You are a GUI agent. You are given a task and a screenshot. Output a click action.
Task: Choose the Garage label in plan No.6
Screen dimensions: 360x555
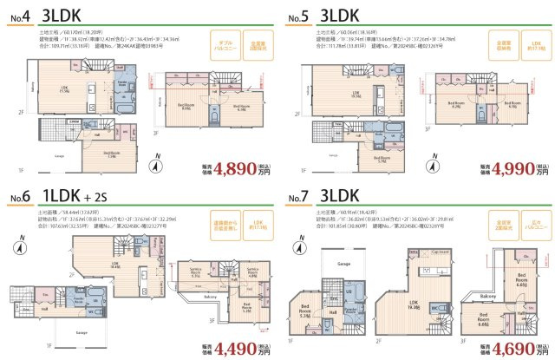pos(81,332)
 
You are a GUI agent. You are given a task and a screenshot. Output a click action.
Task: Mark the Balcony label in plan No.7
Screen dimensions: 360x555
pos(487,295)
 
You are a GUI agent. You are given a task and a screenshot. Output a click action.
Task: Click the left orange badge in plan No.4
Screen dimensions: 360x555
pos(224,44)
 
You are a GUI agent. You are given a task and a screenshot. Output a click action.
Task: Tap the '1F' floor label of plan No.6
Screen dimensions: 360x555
pos(49,345)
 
